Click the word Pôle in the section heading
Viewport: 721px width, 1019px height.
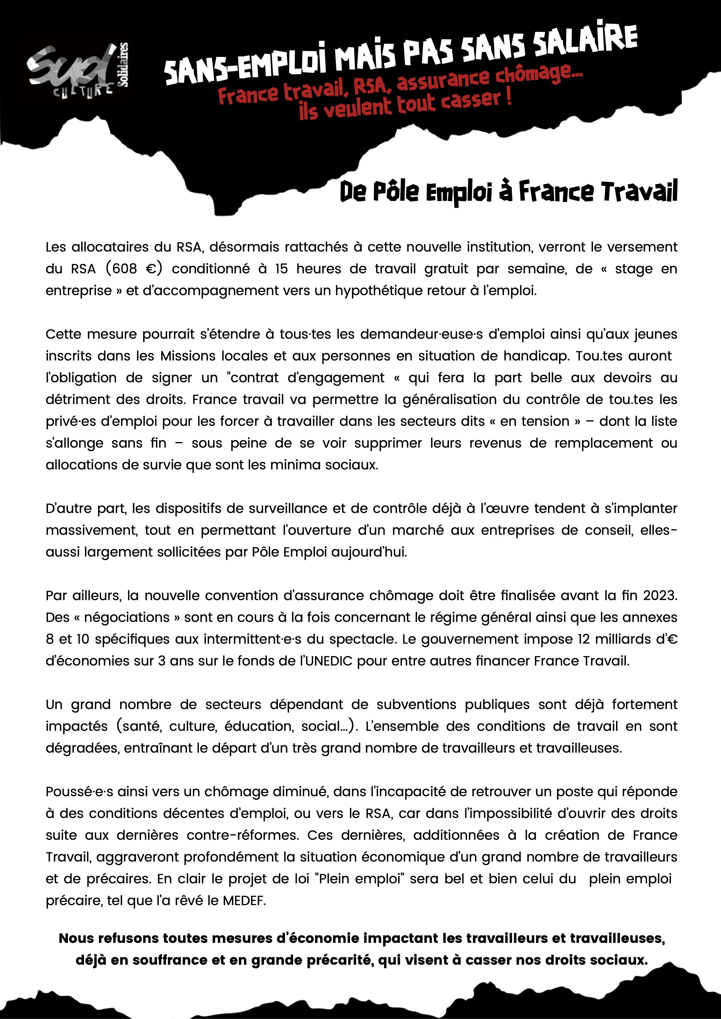click(395, 192)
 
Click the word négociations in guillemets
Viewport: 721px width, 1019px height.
click(127, 617)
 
